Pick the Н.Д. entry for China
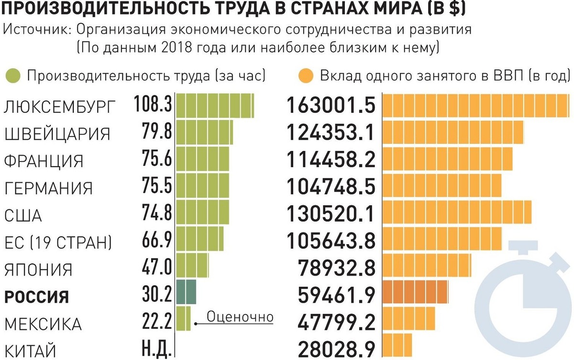tap(156, 349)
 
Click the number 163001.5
tap(331, 106)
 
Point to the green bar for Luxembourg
tap(215, 105)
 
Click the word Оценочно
tap(240, 316)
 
